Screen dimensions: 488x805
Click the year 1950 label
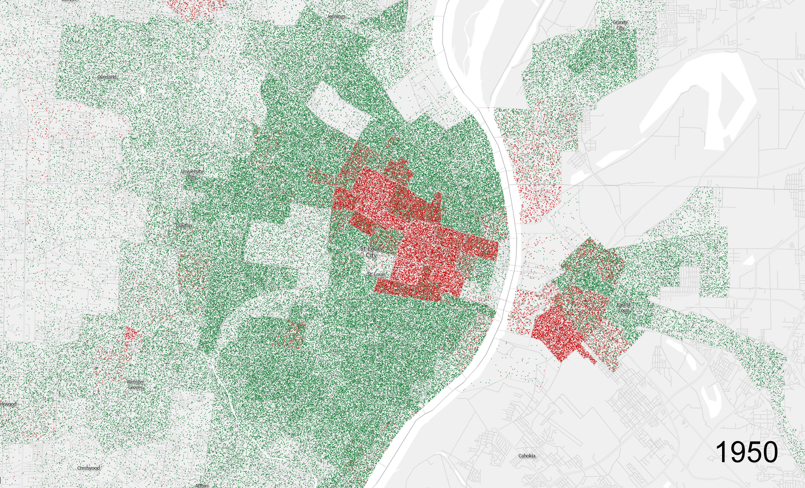pos(746,452)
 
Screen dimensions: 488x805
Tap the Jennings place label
pos(336,17)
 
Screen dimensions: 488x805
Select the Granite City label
pos(620,25)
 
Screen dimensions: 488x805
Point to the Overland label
pos(107,77)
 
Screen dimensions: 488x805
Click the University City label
pos(192,174)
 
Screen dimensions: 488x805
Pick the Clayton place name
pos(184,226)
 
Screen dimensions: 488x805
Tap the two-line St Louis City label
pos(371,252)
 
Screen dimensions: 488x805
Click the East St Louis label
pos(624,307)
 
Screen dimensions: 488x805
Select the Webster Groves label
pos(136,385)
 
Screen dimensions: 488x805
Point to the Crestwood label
pos(88,468)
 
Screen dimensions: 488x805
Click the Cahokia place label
pos(526,456)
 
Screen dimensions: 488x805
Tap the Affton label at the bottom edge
pos(202,485)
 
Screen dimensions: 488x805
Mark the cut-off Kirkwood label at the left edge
pos(8,404)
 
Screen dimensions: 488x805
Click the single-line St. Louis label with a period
pos(376,274)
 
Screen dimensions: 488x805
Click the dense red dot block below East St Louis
pos(559,334)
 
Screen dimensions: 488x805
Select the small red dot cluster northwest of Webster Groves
pos(130,334)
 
